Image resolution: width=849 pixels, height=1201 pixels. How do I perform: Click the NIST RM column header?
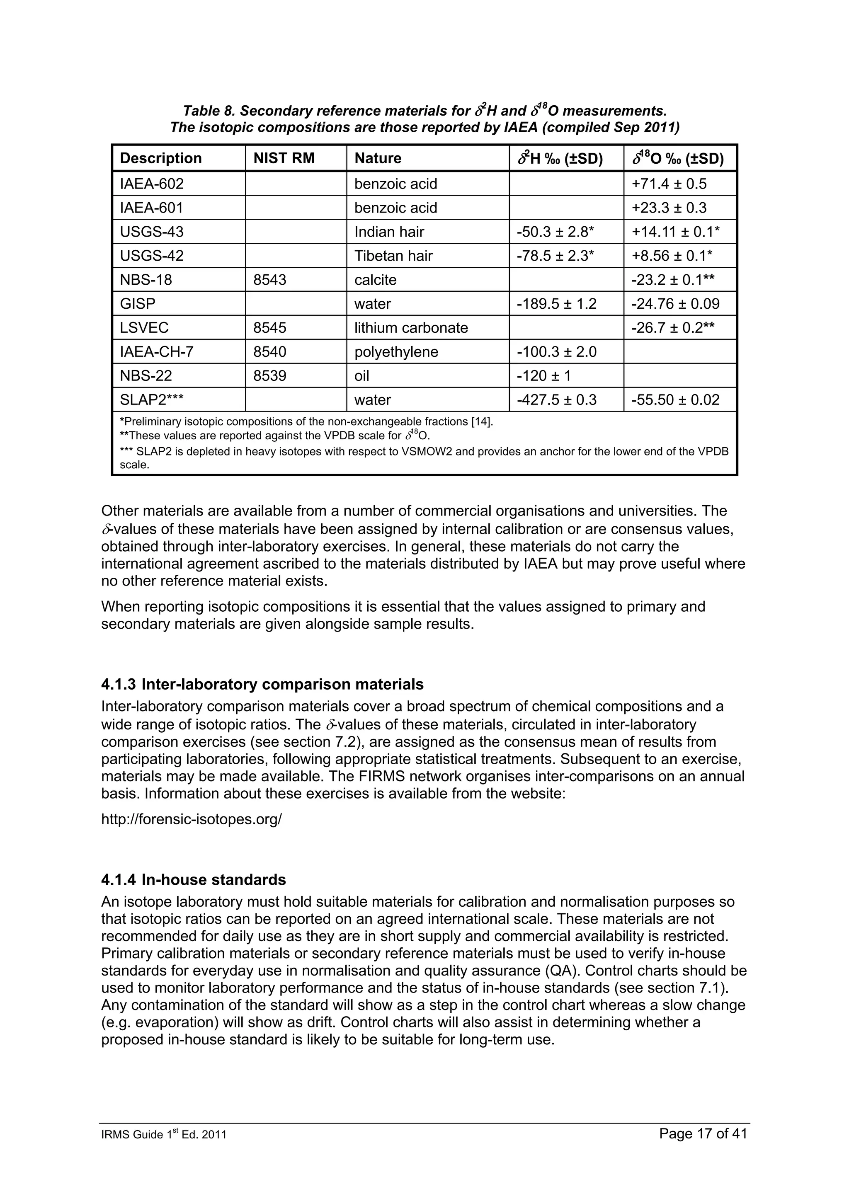[284, 158]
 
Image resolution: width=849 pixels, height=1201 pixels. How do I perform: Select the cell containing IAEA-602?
[152, 184]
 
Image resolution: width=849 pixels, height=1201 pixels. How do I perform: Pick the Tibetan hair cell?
[393, 256]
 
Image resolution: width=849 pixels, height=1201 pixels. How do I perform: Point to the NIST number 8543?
[269, 280]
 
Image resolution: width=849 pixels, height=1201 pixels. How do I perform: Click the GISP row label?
[138, 304]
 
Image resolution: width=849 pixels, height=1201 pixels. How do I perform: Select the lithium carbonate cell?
[411, 328]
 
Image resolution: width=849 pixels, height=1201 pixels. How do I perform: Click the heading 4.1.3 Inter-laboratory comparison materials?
[262, 684]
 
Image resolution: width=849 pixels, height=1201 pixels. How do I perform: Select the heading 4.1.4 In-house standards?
[194, 880]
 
